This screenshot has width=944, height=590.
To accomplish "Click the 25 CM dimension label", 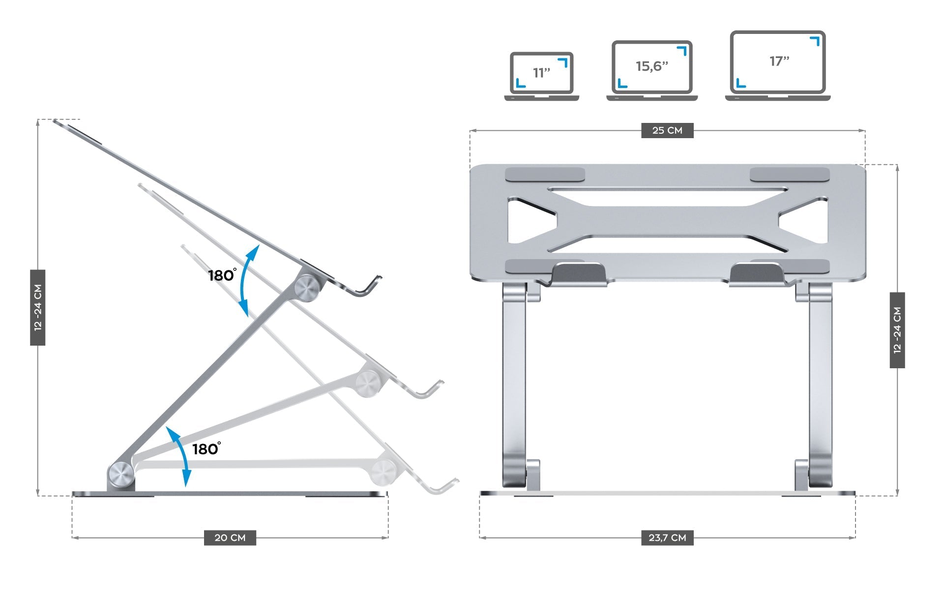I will [667, 130].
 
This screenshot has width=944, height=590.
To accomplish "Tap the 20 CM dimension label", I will [230, 537].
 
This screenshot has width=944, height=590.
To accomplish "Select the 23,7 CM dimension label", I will [667, 537].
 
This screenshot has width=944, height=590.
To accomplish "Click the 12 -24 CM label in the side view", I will [38, 307].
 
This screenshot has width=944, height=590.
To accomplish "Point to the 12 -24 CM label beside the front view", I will [897, 330].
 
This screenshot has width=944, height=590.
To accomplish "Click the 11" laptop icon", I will [541, 76].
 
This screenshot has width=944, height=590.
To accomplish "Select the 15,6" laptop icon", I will [652, 70].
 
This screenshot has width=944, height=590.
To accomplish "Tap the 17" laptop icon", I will [778, 65].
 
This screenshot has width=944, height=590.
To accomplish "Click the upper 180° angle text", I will [222, 275].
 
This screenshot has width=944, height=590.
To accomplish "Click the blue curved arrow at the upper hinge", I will [248, 280].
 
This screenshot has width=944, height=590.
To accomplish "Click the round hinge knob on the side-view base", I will [121, 474].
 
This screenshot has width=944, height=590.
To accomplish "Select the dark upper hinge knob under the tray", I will [308, 288].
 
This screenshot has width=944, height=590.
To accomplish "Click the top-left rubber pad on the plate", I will [545, 175].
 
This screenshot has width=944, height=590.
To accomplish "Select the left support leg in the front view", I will [514, 383].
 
